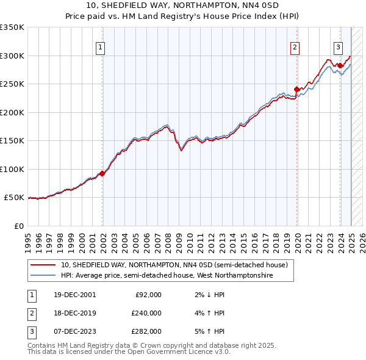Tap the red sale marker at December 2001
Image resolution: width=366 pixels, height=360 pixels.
[102, 173]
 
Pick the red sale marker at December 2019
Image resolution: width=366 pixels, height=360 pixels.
[297, 89]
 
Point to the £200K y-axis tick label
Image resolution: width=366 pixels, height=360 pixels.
[12, 112]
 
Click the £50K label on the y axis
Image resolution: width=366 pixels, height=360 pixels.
[15, 198]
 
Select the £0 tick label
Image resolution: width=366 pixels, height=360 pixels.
[19, 226]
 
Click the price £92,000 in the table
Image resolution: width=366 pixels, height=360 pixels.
[147, 295]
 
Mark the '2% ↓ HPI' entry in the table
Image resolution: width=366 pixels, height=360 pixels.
[207, 295]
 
